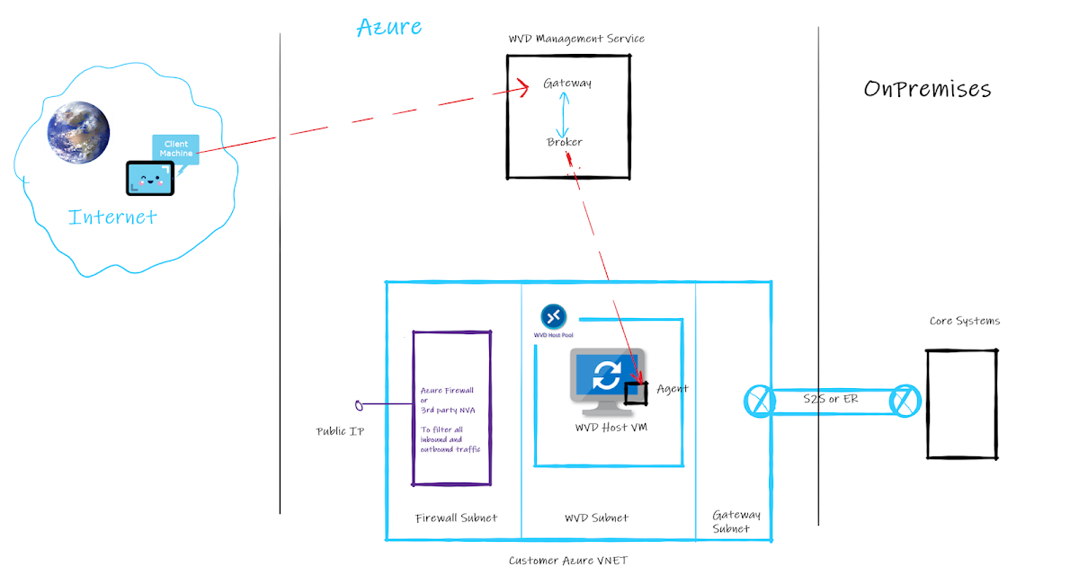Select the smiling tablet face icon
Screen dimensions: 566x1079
click(x=149, y=179)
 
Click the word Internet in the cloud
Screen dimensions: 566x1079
click(x=113, y=217)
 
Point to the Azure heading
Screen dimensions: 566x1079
click(x=388, y=27)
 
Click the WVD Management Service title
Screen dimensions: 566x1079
click(x=576, y=39)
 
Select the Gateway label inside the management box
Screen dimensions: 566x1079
click(x=567, y=83)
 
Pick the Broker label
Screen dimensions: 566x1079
click(x=565, y=142)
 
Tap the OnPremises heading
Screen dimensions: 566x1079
click(x=927, y=89)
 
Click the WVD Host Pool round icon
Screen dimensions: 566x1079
click(x=553, y=316)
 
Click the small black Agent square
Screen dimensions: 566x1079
click(x=637, y=393)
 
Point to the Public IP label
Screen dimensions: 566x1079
click(x=340, y=431)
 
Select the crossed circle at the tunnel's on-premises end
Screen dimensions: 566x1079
click(x=905, y=400)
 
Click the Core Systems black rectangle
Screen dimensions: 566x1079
click(x=961, y=404)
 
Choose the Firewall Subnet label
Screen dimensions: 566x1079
click(x=456, y=518)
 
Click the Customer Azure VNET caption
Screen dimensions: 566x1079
click(x=568, y=561)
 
